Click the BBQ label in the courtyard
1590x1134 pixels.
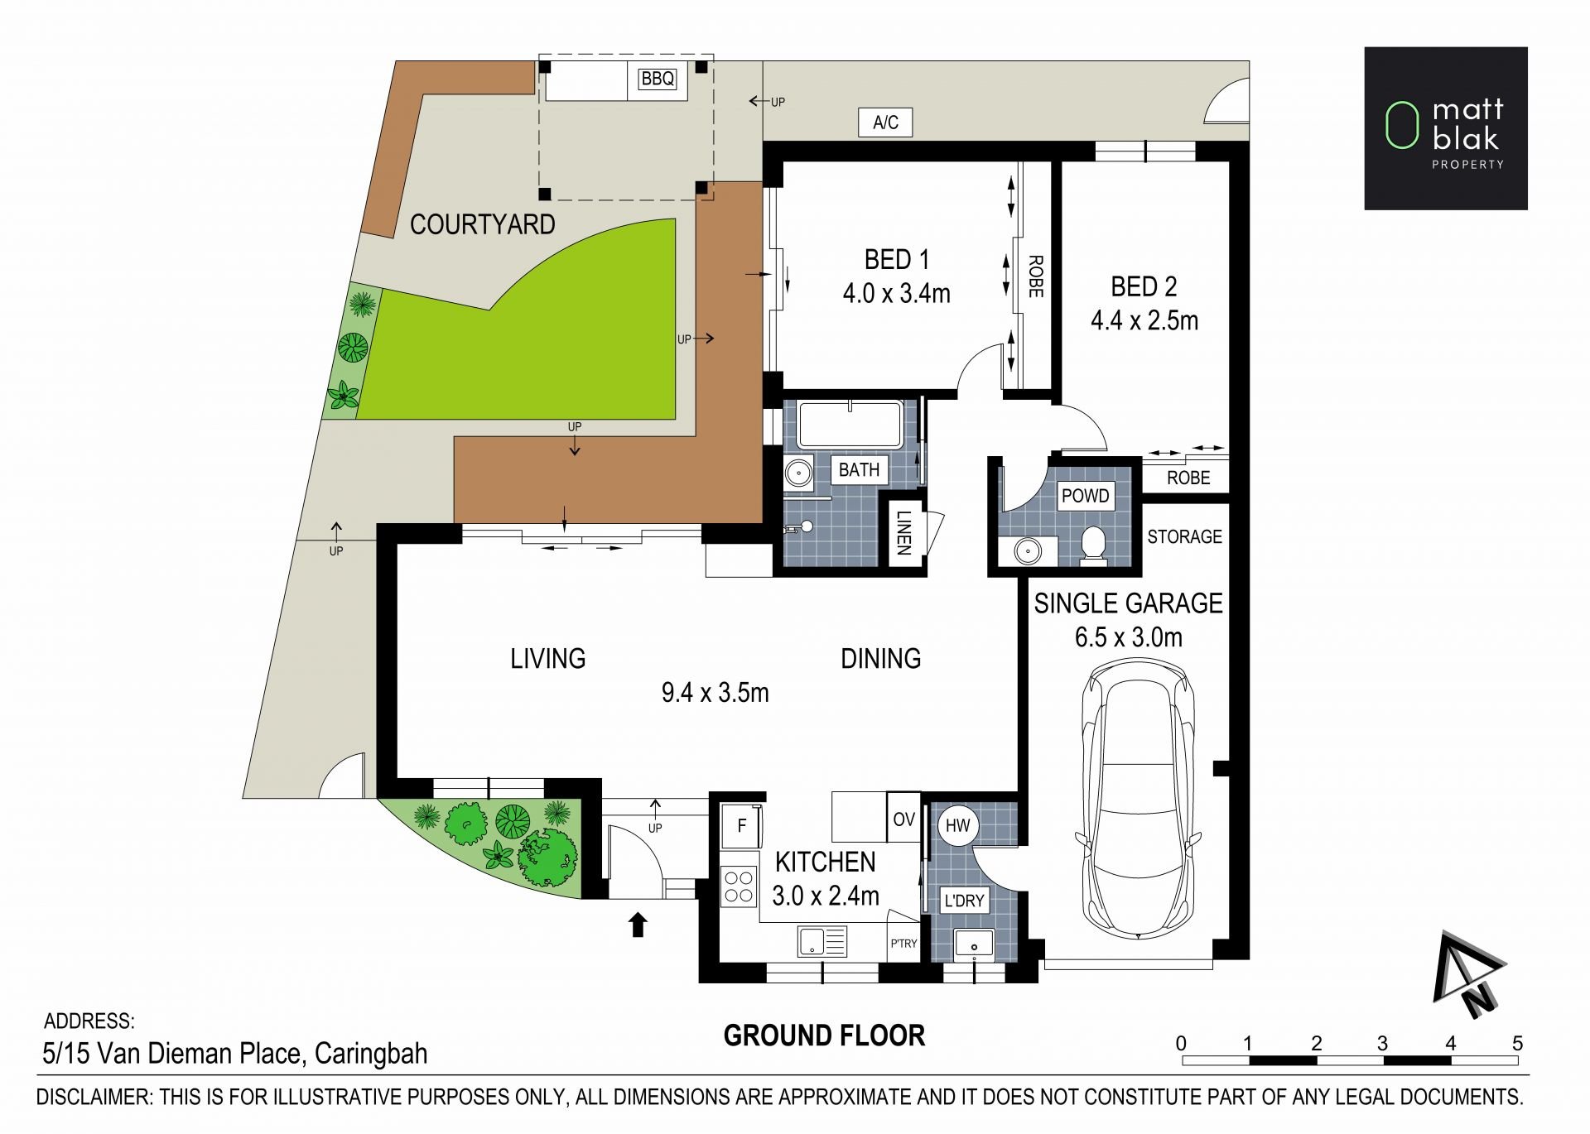(x=658, y=79)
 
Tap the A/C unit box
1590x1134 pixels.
(x=885, y=123)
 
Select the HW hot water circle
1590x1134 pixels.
(x=957, y=825)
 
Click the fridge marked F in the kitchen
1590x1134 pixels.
(x=740, y=825)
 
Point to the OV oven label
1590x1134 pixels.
(x=903, y=819)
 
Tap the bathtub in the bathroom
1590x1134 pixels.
(x=850, y=425)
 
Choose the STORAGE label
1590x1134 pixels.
(x=1184, y=536)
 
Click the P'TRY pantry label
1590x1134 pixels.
(x=903, y=944)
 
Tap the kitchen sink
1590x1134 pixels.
(x=822, y=942)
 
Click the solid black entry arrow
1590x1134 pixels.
(x=638, y=925)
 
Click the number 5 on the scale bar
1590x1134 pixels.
(x=1517, y=1043)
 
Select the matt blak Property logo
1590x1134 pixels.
(x=1446, y=128)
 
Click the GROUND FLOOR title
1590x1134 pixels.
(x=824, y=1035)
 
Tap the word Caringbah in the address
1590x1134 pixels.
(x=371, y=1054)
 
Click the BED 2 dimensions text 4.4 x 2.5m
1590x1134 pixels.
(x=1144, y=320)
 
